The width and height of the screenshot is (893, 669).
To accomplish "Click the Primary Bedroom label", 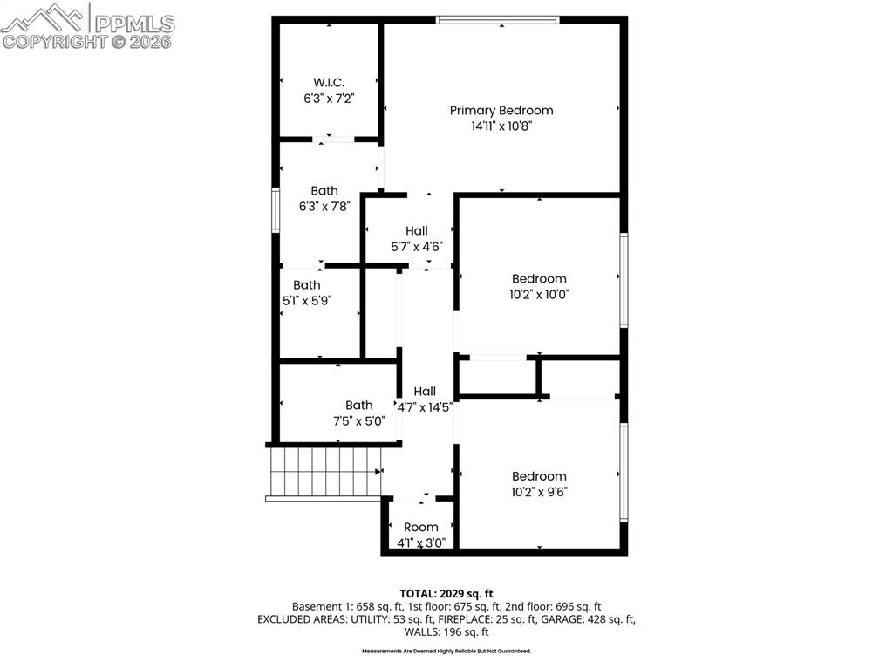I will point(501,111).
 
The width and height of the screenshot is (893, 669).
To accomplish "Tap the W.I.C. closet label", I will point(323,83).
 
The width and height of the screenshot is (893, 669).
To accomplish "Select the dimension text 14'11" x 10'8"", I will point(501,126).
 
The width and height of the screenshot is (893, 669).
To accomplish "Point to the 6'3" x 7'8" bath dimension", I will point(324,207).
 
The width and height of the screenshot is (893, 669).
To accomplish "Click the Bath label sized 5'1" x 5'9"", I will point(306,285).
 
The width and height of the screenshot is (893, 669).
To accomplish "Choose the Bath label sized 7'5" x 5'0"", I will point(358,406).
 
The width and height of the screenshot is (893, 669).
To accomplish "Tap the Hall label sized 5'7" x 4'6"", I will point(416,231).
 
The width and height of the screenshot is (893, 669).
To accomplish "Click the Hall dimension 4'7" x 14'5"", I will point(425,406).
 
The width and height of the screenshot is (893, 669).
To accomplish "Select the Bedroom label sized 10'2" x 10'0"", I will point(539,279).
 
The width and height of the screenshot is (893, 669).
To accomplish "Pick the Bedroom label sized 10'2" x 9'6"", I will point(539,476).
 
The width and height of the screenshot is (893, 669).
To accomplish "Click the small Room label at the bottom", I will point(421,528).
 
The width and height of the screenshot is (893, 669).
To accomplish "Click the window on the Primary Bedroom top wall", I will point(497,19).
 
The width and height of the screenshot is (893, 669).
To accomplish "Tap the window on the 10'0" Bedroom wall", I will point(624,279).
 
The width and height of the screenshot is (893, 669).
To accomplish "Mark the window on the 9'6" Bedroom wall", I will point(624,472).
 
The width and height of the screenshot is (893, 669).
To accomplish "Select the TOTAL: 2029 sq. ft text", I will point(446,593).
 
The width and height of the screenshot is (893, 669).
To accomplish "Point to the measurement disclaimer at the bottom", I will point(446,651).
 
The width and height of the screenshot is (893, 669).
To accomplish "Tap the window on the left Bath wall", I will point(275,209).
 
